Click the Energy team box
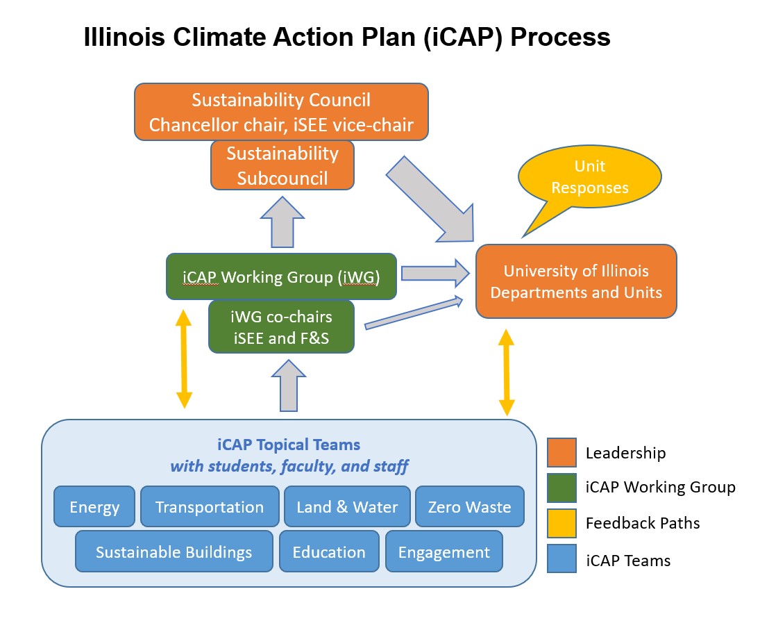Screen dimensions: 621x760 tap(94, 506)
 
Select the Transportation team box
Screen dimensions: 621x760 tap(209, 506)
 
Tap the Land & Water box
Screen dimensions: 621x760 tap(347, 506)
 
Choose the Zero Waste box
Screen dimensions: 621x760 tap(469, 506)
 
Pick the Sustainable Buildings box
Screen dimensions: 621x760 tap(174, 552)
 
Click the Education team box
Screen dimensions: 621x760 tap(329, 552)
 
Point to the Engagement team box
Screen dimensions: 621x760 tap(444, 552)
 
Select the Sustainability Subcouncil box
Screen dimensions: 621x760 tap(282, 165)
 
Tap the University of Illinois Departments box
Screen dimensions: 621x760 tap(576, 281)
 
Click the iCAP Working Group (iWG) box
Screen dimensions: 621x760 tap(281, 276)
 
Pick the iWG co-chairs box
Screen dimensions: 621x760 tap(281, 326)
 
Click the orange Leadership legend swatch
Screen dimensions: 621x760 tap(561, 453)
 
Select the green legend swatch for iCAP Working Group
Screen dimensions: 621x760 tap(561, 487)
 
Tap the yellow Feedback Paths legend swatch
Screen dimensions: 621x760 tap(561, 522)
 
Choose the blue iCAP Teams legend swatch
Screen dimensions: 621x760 tap(561, 558)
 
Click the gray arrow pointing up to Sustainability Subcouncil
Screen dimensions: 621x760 tap(282, 222)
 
